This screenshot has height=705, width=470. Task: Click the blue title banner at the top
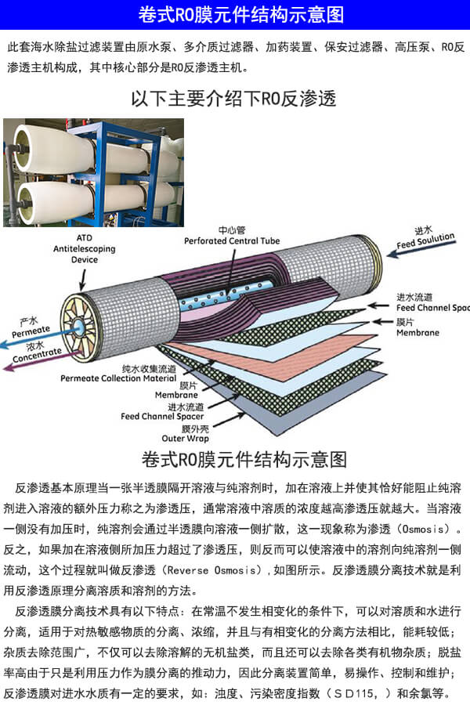[x=235, y=15]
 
